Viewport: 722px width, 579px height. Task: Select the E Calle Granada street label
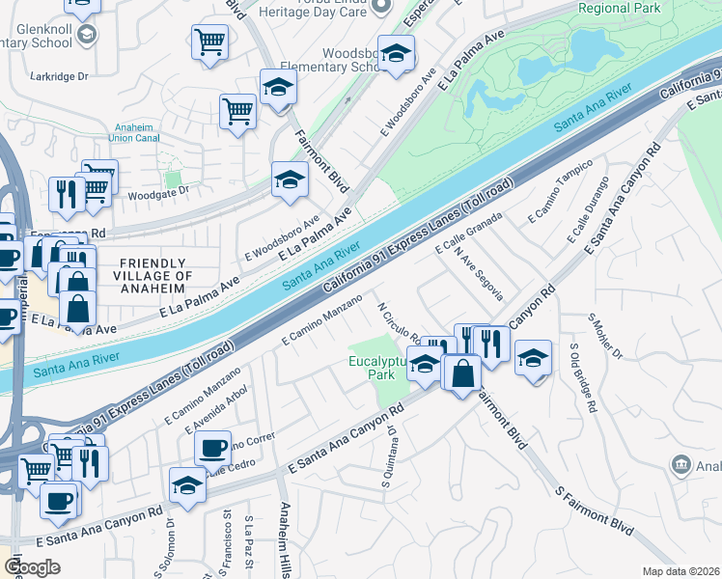click(470, 234)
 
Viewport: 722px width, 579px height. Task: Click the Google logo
click(32, 567)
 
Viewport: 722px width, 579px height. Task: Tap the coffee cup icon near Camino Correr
click(212, 449)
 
